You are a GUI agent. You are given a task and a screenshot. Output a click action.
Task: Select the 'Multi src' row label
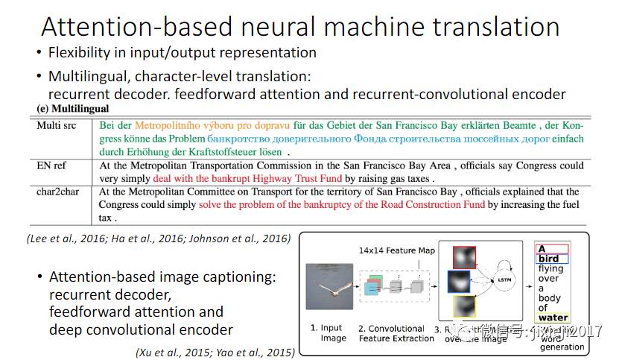[x=59, y=125]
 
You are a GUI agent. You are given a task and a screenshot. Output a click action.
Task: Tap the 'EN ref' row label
[x=53, y=166]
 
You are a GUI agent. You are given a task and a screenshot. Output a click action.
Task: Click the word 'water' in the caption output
[x=553, y=318]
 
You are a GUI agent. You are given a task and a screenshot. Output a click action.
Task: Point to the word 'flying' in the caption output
[x=551, y=269]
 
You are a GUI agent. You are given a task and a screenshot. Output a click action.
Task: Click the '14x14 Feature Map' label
[x=396, y=250]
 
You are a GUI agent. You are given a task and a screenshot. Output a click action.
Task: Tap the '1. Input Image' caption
[x=329, y=332]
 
